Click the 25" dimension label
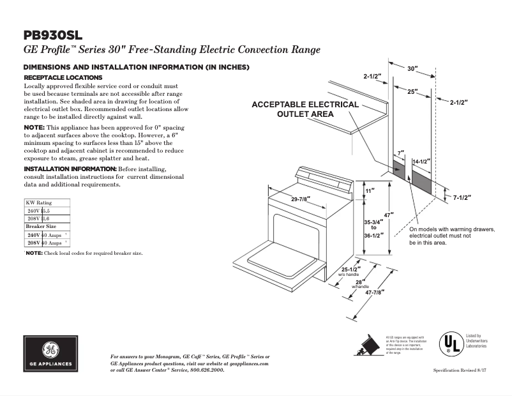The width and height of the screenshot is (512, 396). (412, 91)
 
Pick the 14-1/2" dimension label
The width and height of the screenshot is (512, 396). (421, 162)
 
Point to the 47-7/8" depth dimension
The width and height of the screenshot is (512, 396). (374, 293)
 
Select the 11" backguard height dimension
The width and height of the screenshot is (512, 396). (369, 190)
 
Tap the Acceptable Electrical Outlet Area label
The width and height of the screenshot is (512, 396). (305, 109)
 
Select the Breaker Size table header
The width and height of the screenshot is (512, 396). (41, 227)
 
